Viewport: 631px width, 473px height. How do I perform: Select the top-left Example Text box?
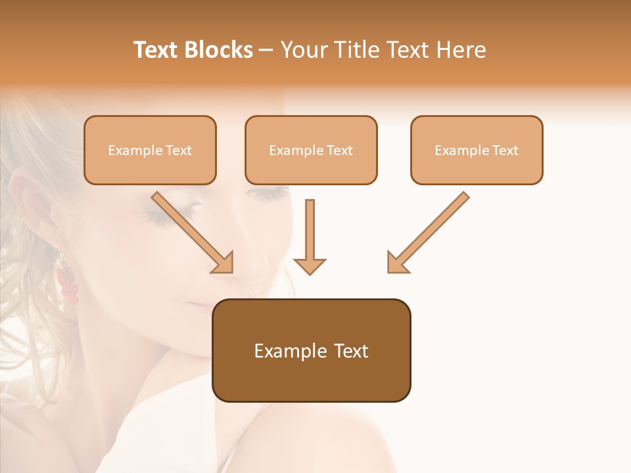coord(150,150)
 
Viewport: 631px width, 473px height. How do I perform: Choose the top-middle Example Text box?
coord(311,150)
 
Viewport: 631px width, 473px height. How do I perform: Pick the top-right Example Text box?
coord(477,150)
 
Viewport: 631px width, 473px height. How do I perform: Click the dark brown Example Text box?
coord(311,350)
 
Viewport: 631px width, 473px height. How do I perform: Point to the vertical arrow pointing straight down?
coord(310,236)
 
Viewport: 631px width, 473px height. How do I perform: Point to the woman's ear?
coord(33,210)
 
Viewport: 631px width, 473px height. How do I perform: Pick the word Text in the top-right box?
coord(505,150)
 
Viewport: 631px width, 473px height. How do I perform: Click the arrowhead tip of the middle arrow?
coord(310,273)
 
